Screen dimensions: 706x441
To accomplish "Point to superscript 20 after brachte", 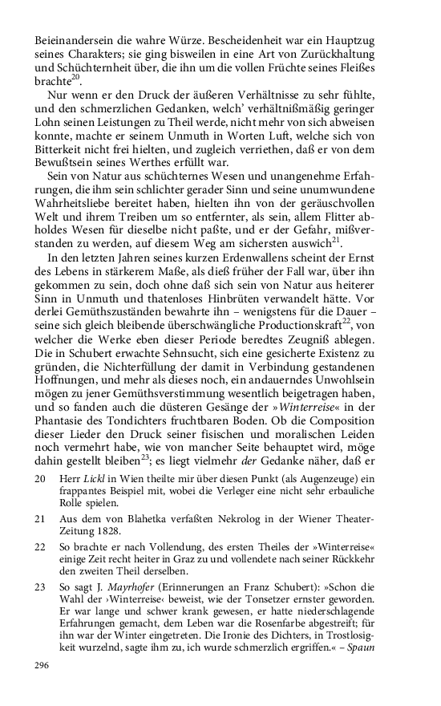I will tap(75, 78).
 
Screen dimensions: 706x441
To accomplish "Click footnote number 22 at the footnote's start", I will tap(41, 546).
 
